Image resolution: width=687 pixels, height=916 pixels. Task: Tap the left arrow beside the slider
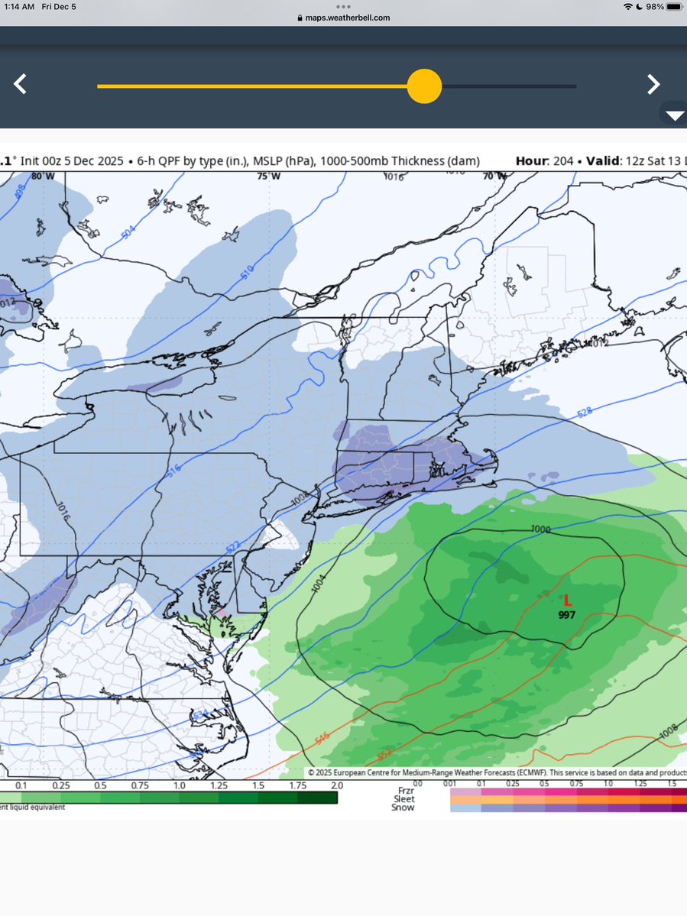pos(21,84)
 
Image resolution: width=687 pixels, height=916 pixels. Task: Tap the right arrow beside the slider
pos(653,84)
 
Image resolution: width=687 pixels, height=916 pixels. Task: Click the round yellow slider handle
pos(424,86)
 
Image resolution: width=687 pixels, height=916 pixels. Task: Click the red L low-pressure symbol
pos(567,602)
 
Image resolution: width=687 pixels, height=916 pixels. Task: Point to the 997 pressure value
pos(566,615)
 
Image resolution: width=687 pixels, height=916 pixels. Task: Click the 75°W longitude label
pos(268,176)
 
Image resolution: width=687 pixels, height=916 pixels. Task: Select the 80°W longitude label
pos(43,176)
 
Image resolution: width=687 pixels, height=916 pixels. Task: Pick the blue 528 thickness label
pos(585,413)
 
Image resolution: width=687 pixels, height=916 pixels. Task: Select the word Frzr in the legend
pos(406,791)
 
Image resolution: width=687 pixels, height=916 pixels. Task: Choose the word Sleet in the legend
pos(404,799)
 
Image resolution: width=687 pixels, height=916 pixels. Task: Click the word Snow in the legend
pos(404,808)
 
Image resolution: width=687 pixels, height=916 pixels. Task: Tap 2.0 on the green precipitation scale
pos(336,785)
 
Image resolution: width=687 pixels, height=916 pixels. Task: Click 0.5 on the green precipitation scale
pos(99,785)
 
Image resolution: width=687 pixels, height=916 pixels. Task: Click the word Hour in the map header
pos(531,161)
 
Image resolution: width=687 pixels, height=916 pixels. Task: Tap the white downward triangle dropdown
pos(675,116)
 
